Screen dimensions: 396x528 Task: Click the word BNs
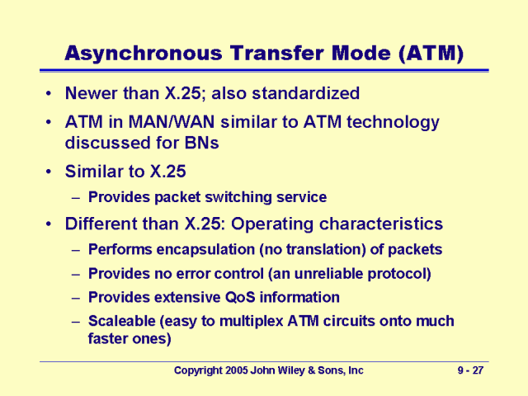click(199, 143)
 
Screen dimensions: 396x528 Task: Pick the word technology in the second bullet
click(393, 122)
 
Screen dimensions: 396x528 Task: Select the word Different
click(104, 224)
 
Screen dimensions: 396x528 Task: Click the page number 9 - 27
click(471, 371)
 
